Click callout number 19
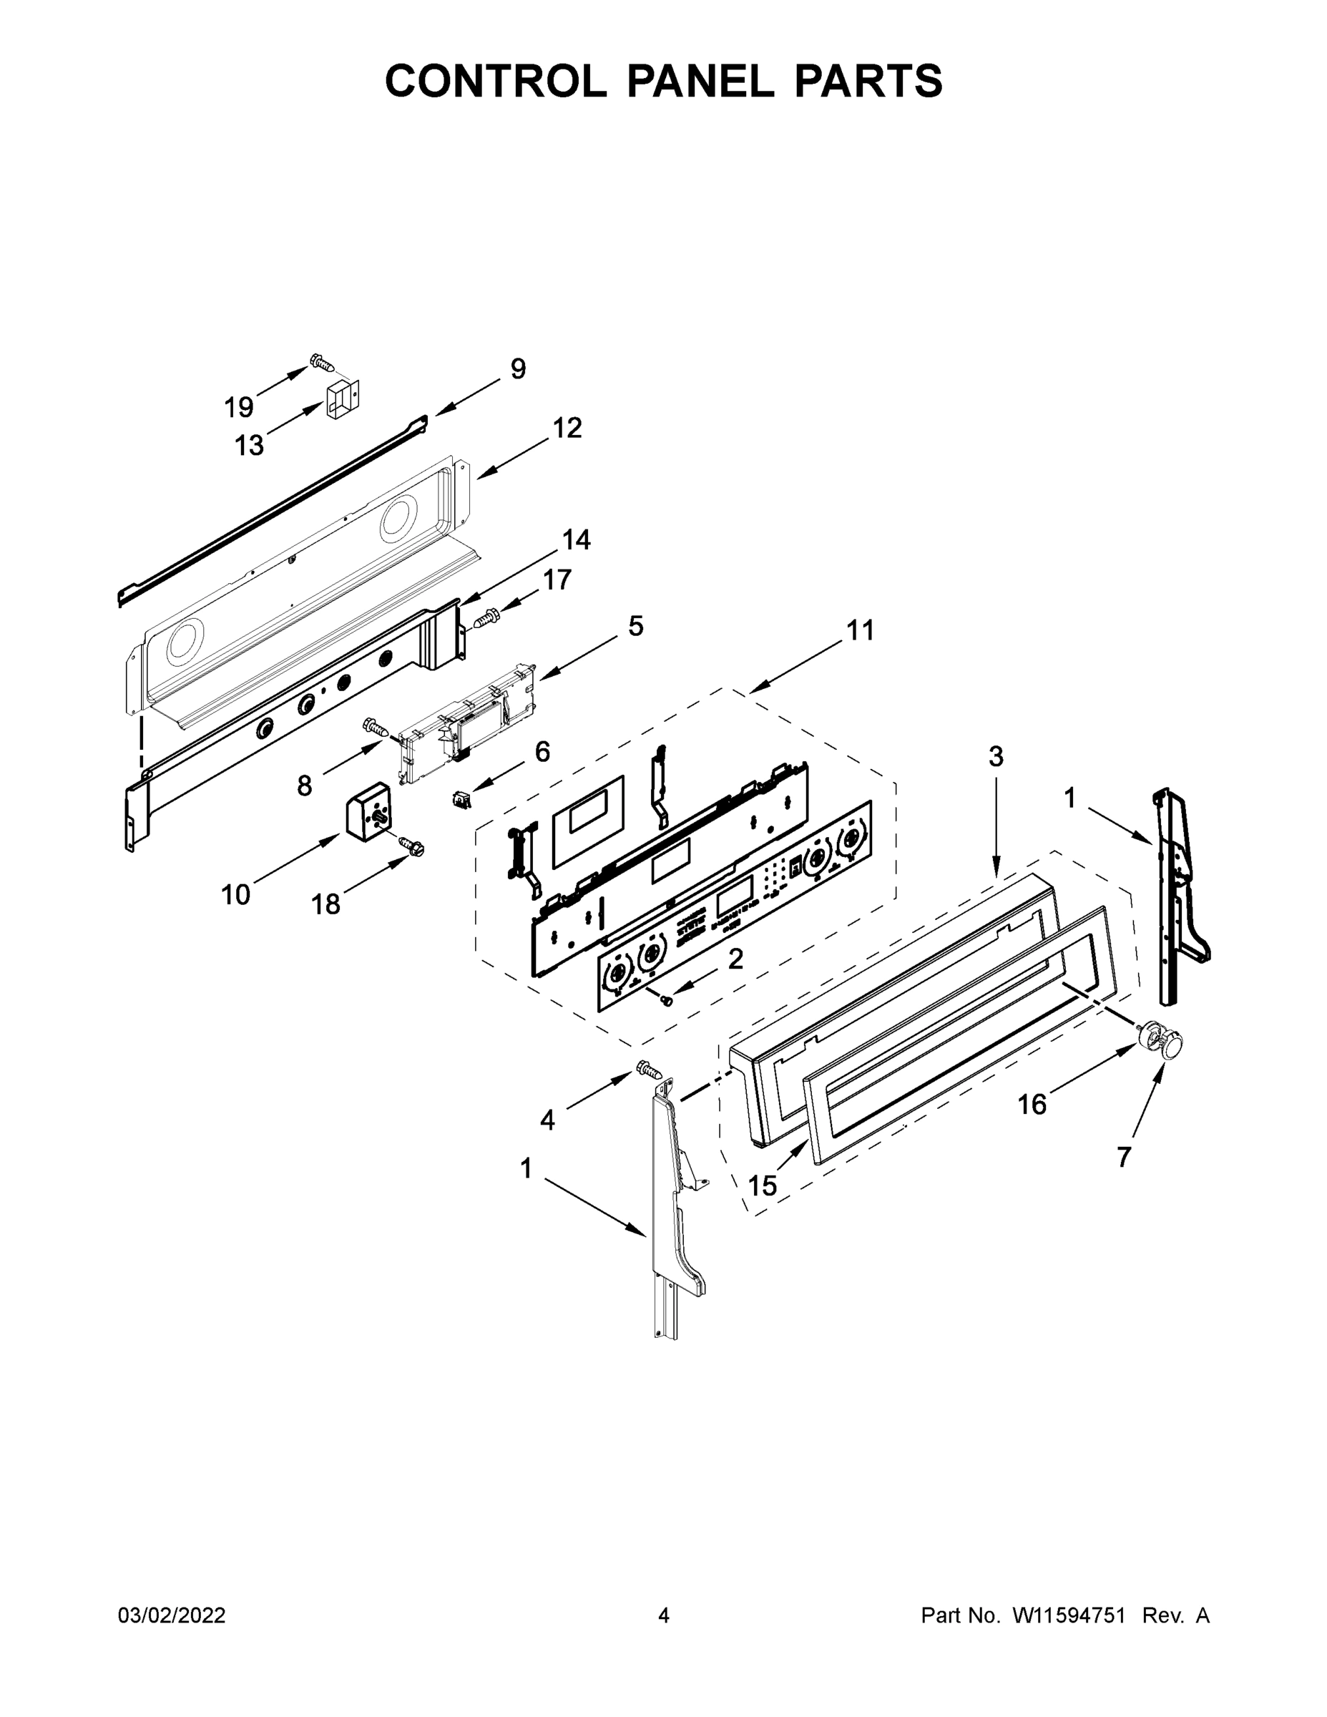[x=239, y=407]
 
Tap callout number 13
[x=249, y=446]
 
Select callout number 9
[x=518, y=368]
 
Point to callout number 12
[x=567, y=428]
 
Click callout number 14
[x=577, y=539]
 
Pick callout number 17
[x=557, y=579]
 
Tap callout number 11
[x=861, y=630]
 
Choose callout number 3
[x=996, y=756]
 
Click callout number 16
[x=1032, y=1105]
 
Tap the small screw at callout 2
[x=666, y=1000]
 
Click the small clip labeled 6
[x=461, y=801]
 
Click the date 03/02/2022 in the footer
[x=172, y=1615]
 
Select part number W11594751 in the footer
[x=1068, y=1615]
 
